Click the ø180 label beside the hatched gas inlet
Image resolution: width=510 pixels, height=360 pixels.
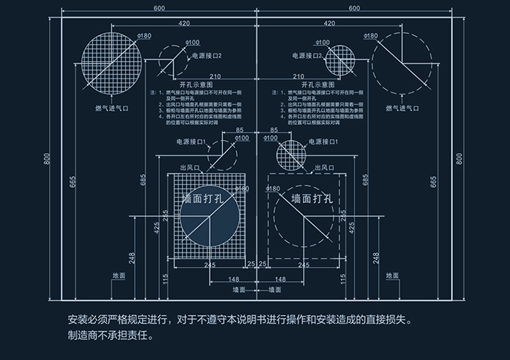(144, 35)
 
